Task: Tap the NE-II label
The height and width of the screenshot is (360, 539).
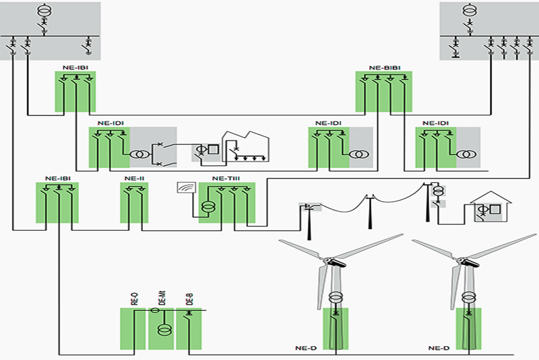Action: (134, 178)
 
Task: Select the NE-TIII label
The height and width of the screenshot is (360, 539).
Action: (226, 178)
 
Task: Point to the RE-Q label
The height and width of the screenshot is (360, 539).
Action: (134, 300)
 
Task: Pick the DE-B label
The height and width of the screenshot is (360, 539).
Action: (190, 300)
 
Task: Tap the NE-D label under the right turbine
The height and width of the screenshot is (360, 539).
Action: (438, 348)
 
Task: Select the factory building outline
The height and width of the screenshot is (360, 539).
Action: (246, 146)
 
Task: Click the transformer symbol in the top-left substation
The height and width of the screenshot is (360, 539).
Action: (44, 12)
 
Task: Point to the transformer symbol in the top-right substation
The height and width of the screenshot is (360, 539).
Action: (469, 11)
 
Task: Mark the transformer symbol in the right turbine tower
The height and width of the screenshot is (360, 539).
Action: (468, 296)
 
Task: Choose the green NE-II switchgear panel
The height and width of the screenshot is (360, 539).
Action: (134, 203)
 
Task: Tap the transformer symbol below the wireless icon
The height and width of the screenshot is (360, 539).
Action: (207, 208)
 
